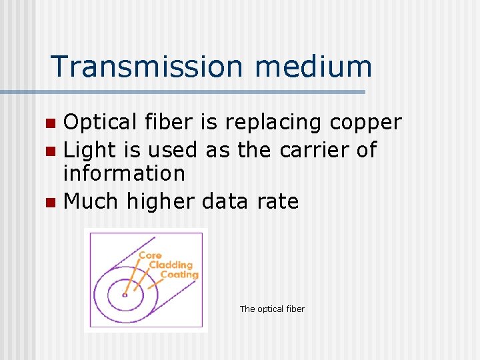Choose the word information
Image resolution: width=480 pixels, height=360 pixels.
coord(123,173)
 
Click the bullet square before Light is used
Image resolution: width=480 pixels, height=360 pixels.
coord(50,151)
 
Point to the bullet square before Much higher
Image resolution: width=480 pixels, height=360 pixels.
coord(50,202)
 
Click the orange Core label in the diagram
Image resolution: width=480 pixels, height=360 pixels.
coord(150,255)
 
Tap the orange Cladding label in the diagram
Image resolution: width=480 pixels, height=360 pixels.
coord(171,265)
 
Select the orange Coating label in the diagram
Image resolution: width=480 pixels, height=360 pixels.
coord(179,274)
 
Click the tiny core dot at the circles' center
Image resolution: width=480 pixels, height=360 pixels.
coord(125,295)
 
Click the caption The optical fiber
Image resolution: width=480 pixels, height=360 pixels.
coord(272,309)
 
